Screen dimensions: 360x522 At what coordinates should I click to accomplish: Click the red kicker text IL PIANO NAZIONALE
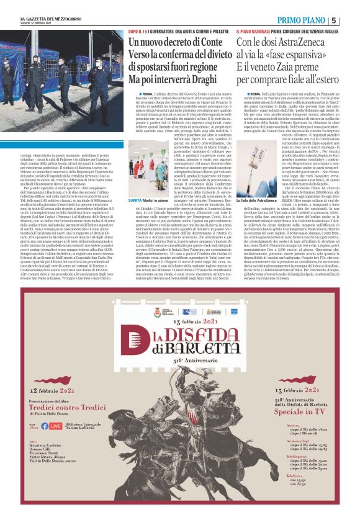coord(254,30)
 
